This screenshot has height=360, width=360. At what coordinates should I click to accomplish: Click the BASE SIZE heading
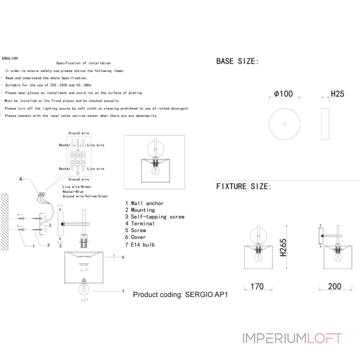pyautogui.click(x=238, y=61)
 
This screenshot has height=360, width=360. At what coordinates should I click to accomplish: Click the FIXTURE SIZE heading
pyautogui.click(x=243, y=186)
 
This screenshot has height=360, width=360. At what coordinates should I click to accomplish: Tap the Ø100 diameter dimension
pyautogui.click(x=283, y=94)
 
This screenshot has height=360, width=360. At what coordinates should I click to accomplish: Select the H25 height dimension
pyautogui.click(x=337, y=94)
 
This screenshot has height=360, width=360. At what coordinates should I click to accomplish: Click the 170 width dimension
pyautogui.click(x=257, y=286)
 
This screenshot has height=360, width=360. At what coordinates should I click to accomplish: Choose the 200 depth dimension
pyautogui.click(x=334, y=286)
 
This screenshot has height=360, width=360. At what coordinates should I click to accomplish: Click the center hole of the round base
pyautogui.click(x=284, y=124)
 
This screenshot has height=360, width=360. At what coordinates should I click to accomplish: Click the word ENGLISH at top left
pyautogui.click(x=10, y=58)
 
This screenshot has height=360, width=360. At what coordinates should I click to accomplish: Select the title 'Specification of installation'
pyautogui.click(x=83, y=63)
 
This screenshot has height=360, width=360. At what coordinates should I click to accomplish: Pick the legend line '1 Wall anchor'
pyautogui.click(x=144, y=203)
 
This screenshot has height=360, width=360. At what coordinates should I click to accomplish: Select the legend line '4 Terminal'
pyautogui.click(x=140, y=223)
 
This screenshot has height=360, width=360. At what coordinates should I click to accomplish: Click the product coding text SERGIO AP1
pyautogui.click(x=181, y=295)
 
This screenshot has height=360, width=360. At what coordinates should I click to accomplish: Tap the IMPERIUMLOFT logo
pyautogui.click(x=292, y=338)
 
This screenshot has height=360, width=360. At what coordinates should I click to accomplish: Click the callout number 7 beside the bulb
pyautogui.click(x=123, y=292)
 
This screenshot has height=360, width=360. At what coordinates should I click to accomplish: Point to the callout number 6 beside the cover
pyautogui.click(x=123, y=257)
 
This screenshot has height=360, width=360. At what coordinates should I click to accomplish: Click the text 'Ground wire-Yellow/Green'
pyautogui.click(x=85, y=196)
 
